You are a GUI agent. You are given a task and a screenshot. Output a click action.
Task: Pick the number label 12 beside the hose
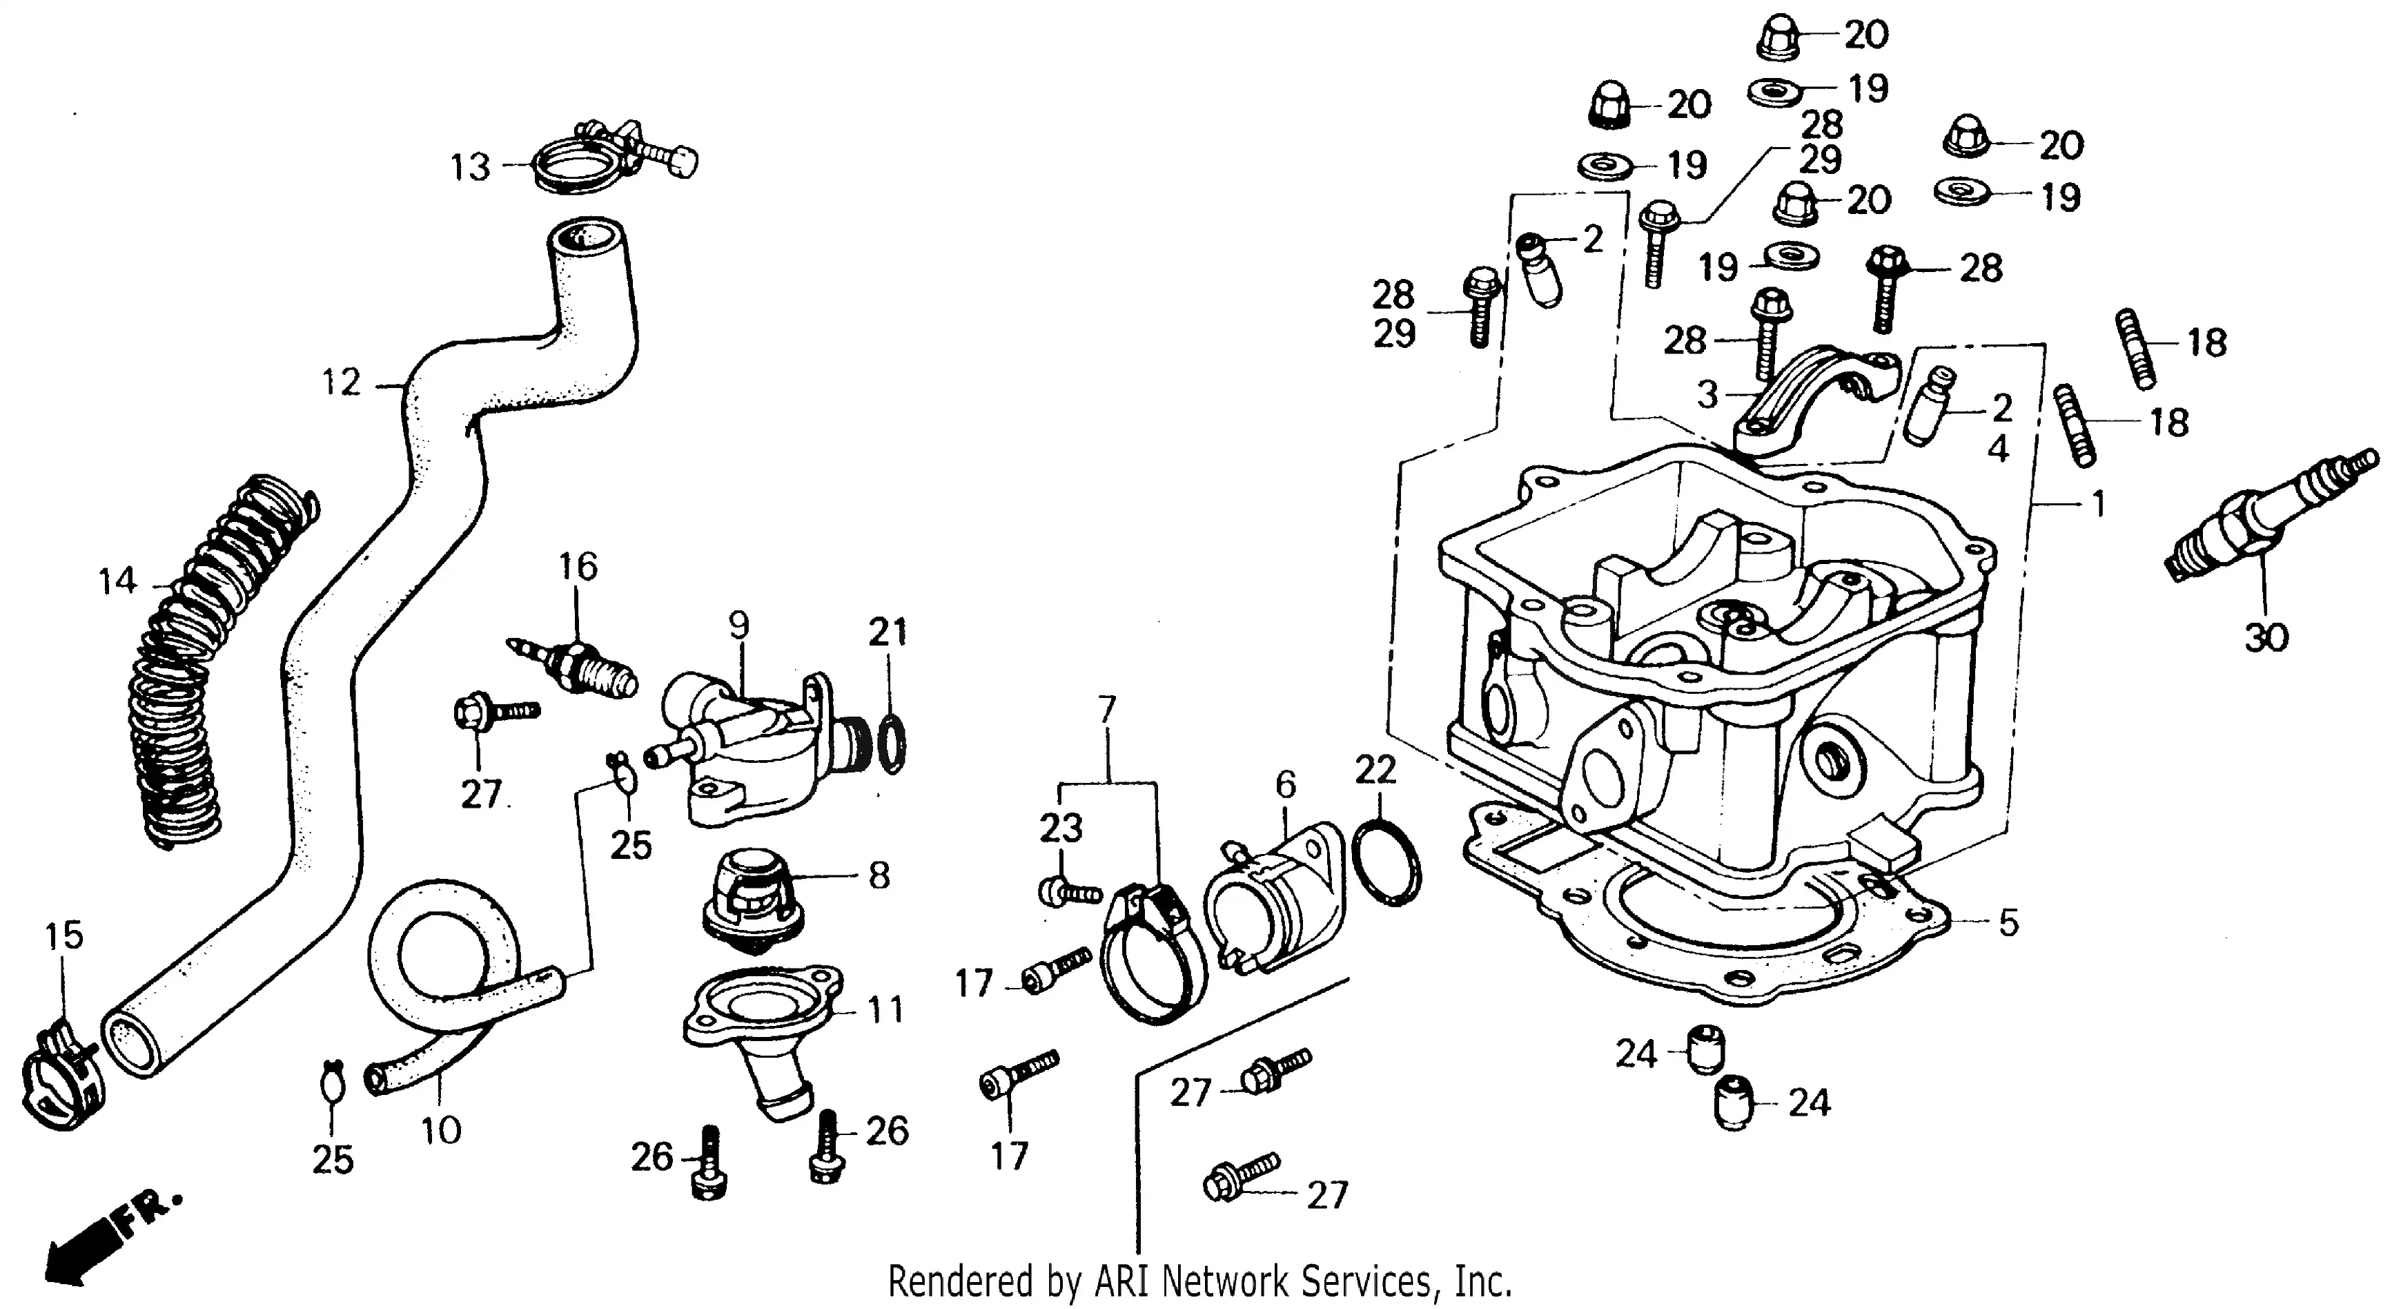[x=340, y=382]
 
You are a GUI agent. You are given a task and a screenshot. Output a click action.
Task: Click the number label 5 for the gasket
[x=2008, y=923]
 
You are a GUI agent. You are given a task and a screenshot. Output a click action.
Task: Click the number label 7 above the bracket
[x=1106, y=710]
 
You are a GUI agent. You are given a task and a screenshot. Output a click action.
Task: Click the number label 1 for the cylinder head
[x=2098, y=505]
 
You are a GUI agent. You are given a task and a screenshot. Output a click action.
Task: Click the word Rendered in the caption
[x=960, y=1282]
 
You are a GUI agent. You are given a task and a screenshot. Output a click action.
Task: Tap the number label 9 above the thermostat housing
[x=739, y=625]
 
